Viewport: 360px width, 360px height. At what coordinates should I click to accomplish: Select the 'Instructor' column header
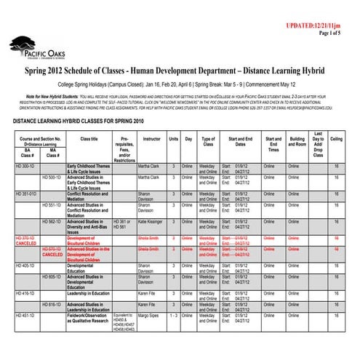tap(152, 138)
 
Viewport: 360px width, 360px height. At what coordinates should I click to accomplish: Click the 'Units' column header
tap(174, 138)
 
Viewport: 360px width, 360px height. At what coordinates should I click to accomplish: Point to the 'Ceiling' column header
tap(336, 138)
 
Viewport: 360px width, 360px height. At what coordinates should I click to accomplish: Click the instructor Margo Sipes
tap(148, 315)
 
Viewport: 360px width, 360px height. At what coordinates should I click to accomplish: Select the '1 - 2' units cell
tap(174, 315)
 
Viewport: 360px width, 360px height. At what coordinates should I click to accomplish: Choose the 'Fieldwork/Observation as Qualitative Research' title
tap(87, 318)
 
